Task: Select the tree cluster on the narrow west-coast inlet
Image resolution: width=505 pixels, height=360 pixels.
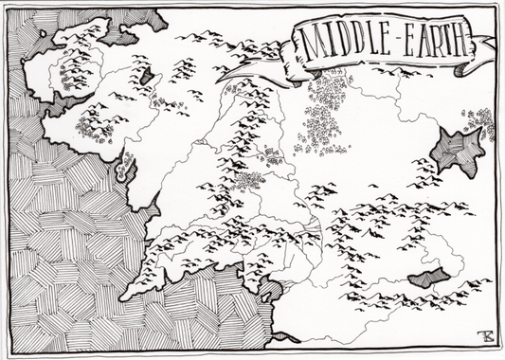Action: (x=124, y=171)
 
